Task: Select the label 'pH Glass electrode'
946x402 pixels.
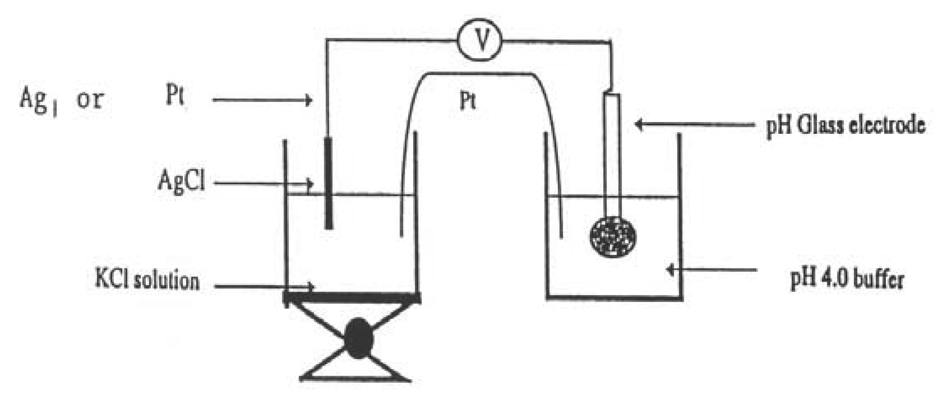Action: [845, 125]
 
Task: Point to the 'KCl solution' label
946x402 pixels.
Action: [147, 281]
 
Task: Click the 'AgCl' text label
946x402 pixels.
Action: [181, 180]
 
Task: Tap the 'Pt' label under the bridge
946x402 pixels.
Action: [468, 102]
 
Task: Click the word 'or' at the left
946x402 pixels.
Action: [89, 99]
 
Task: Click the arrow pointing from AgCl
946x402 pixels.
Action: [263, 183]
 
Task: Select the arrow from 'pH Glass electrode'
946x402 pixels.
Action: [694, 124]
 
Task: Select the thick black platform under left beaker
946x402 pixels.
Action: [352, 298]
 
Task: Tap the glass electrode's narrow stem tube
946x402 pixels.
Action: [612, 152]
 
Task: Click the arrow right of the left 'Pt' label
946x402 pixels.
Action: [262, 100]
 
